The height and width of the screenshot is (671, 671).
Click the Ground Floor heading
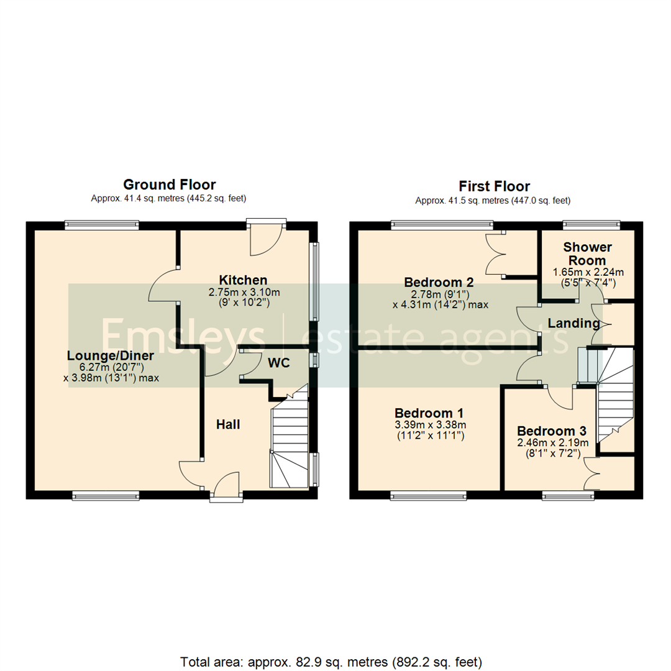point(169,185)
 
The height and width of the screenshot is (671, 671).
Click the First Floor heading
point(494,186)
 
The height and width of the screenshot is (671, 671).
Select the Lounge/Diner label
point(111,355)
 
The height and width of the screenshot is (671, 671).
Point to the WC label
point(279,363)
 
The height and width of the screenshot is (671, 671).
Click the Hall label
point(228,424)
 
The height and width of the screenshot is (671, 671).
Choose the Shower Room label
point(588,253)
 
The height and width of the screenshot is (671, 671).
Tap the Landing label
point(573,323)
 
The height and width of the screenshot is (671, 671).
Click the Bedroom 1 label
point(429,413)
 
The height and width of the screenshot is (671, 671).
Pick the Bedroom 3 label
point(552,431)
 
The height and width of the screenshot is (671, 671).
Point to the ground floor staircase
point(290,444)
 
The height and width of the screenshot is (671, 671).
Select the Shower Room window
point(591,223)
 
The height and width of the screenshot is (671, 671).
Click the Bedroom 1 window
point(428,495)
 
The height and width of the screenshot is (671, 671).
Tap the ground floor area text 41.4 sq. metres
point(169,199)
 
